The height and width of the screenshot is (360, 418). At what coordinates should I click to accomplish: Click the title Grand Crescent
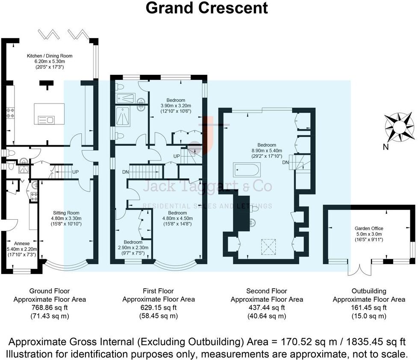[x=207, y=8]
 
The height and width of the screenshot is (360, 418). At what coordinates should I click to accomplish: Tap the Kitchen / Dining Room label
[x=50, y=56]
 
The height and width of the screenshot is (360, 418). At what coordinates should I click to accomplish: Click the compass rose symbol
[x=400, y=127]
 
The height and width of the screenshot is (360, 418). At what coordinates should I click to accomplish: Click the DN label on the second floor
[x=286, y=163]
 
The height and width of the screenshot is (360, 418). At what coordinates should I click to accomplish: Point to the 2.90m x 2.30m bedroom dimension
[x=132, y=247]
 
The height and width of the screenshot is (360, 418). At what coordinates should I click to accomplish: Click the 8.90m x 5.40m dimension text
[x=264, y=151]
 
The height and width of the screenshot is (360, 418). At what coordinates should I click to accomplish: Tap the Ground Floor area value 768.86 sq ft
[x=50, y=307]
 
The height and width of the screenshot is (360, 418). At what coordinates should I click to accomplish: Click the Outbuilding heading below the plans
[x=369, y=291]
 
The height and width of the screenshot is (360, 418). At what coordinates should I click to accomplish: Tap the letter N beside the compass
[x=385, y=148]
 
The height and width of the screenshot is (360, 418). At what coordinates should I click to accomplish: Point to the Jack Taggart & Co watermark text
[x=207, y=186]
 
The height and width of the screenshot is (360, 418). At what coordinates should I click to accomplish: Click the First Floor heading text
[x=159, y=291]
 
